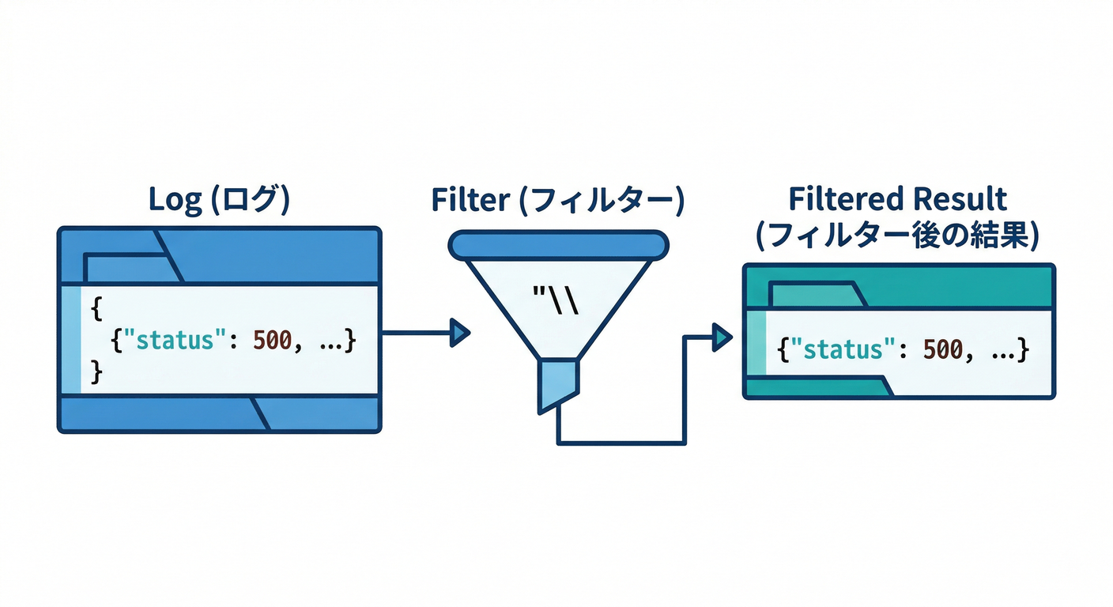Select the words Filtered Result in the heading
[897, 198]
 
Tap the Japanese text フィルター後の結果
[897, 236]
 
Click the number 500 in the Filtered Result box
[943, 349]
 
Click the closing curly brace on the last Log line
[96, 371]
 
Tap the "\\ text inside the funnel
[556, 301]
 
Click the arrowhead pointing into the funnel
[459, 331]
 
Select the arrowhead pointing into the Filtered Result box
[722, 338]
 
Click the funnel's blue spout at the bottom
[559, 383]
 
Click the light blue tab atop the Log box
[126, 268]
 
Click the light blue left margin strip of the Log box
[70, 340]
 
